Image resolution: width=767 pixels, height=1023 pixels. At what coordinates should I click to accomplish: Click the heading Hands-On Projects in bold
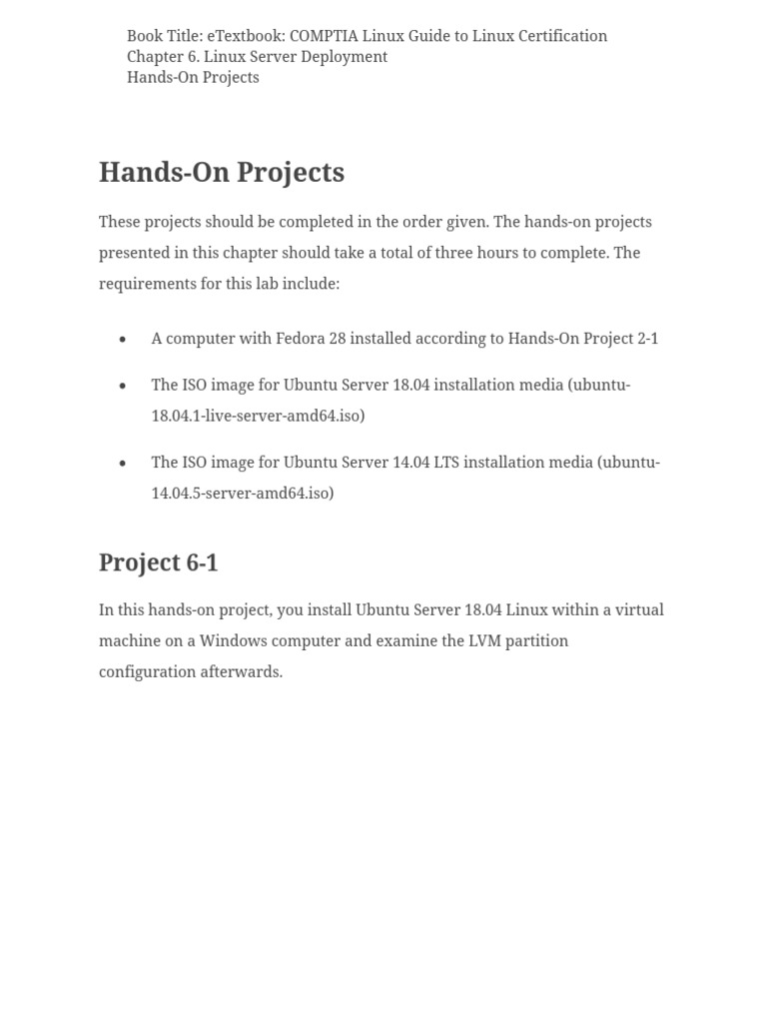[222, 173]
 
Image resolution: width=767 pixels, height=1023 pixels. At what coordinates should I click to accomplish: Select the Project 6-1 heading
[158, 563]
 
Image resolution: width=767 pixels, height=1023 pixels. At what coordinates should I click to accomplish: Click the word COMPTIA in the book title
[324, 36]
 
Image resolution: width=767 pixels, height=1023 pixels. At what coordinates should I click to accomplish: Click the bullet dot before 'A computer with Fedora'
[123, 340]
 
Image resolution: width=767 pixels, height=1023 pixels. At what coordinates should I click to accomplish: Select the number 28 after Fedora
[337, 339]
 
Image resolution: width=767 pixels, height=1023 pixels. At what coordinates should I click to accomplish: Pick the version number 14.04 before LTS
[429, 463]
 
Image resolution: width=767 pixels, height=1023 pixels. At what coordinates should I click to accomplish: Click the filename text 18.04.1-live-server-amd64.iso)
[258, 416]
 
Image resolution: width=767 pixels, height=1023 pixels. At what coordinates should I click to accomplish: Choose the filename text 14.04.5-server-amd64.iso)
[243, 494]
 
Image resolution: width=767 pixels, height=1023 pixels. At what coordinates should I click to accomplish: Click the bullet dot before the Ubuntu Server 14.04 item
[123, 464]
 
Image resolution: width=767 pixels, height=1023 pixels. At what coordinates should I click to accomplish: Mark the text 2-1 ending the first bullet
[647, 339]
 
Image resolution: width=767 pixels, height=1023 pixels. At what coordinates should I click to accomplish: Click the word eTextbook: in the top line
[246, 36]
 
